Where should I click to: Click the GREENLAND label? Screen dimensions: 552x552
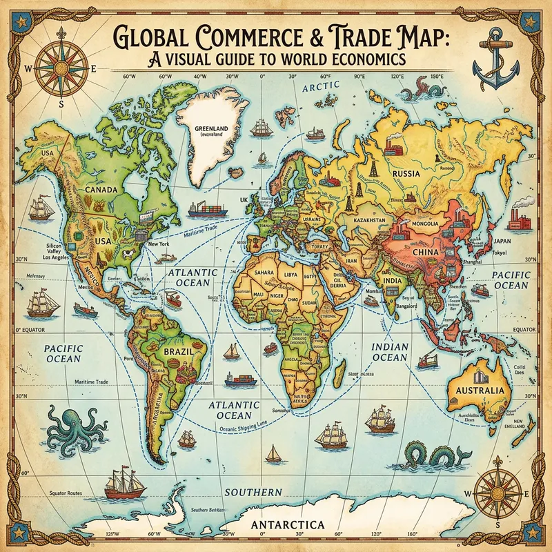(x=213, y=129)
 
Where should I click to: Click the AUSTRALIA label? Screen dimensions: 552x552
(x=481, y=391)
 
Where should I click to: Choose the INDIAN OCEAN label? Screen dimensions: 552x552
(x=390, y=352)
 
